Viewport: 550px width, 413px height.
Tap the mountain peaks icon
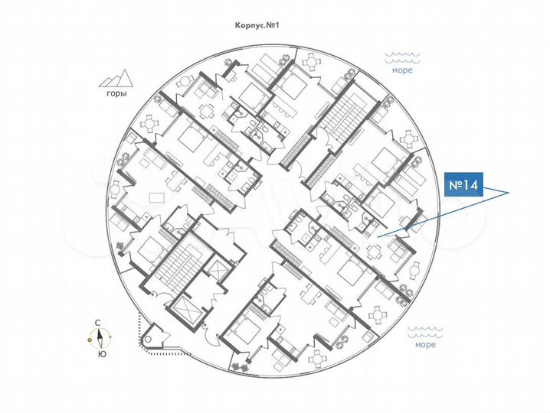click(x=116, y=78)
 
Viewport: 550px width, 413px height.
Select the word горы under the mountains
click(x=116, y=95)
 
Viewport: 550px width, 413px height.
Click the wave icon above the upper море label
click(x=402, y=57)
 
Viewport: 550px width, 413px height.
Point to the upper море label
click(x=402, y=70)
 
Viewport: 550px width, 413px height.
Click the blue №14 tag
click(x=464, y=186)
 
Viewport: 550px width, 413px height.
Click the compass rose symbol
click(x=100, y=337)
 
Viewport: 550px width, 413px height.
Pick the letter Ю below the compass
click(x=100, y=353)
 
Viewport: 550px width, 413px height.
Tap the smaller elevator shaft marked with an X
click(x=218, y=272)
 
